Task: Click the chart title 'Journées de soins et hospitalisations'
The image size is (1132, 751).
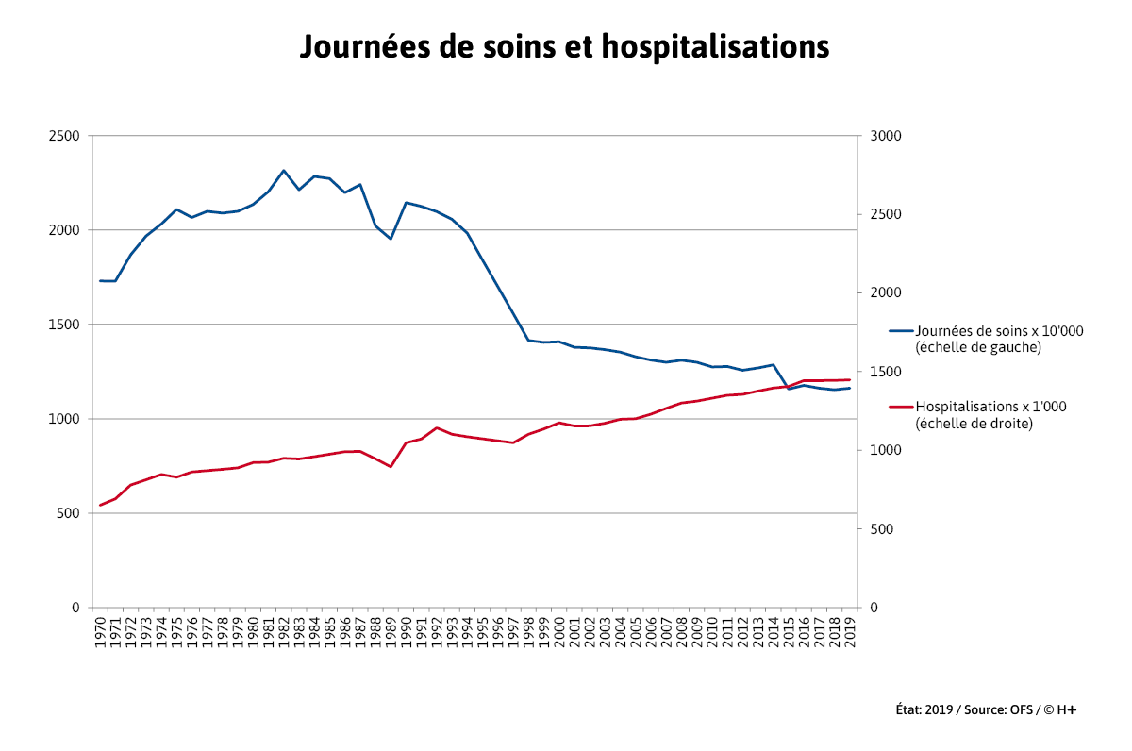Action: point(564,46)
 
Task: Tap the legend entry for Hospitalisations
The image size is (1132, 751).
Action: point(977,415)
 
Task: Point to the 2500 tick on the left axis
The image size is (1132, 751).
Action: point(64,136)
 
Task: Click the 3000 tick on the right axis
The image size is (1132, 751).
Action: point(888,136)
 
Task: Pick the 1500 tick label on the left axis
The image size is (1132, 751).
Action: point(64,325)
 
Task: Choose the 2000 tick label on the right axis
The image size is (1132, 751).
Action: point(888,293)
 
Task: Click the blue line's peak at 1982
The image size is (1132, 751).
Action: point(284,171)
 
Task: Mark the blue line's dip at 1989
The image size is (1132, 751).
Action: point(391,239)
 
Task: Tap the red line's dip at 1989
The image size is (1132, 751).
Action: point(391,466)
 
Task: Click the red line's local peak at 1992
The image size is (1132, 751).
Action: point(437,427)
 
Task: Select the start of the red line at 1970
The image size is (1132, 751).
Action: point(101,505)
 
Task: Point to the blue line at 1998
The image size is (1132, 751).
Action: point(528,340)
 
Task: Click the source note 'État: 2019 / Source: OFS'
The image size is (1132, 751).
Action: point(985,709)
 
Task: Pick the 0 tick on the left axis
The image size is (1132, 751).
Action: point(75,608)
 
